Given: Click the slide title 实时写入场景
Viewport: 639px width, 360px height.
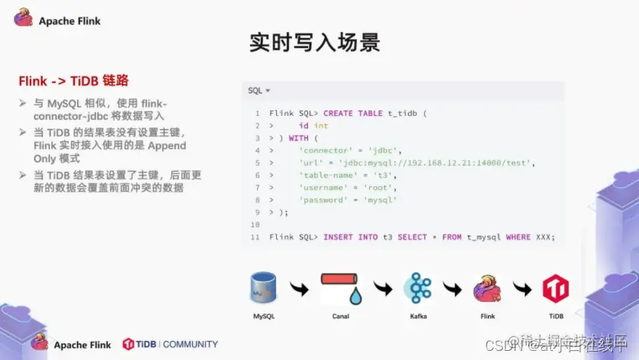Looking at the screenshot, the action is (314, 42).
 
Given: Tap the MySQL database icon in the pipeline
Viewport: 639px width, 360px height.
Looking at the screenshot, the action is (262, 288).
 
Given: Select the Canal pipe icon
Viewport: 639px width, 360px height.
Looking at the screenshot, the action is (341, 288).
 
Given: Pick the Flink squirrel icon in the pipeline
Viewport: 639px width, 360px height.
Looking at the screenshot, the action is (487, 289).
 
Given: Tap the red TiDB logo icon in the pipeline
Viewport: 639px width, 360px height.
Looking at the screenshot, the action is (555, 289).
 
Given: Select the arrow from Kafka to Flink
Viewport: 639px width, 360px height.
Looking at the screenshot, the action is (454, 290).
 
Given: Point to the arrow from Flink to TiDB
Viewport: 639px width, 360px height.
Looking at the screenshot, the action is (522, 290).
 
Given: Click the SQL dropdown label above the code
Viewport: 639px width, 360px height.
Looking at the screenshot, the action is (259, 91).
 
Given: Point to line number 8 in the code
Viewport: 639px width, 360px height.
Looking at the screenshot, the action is (257, 200).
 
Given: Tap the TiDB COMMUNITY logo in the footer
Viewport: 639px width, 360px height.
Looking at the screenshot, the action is (170, 344).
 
